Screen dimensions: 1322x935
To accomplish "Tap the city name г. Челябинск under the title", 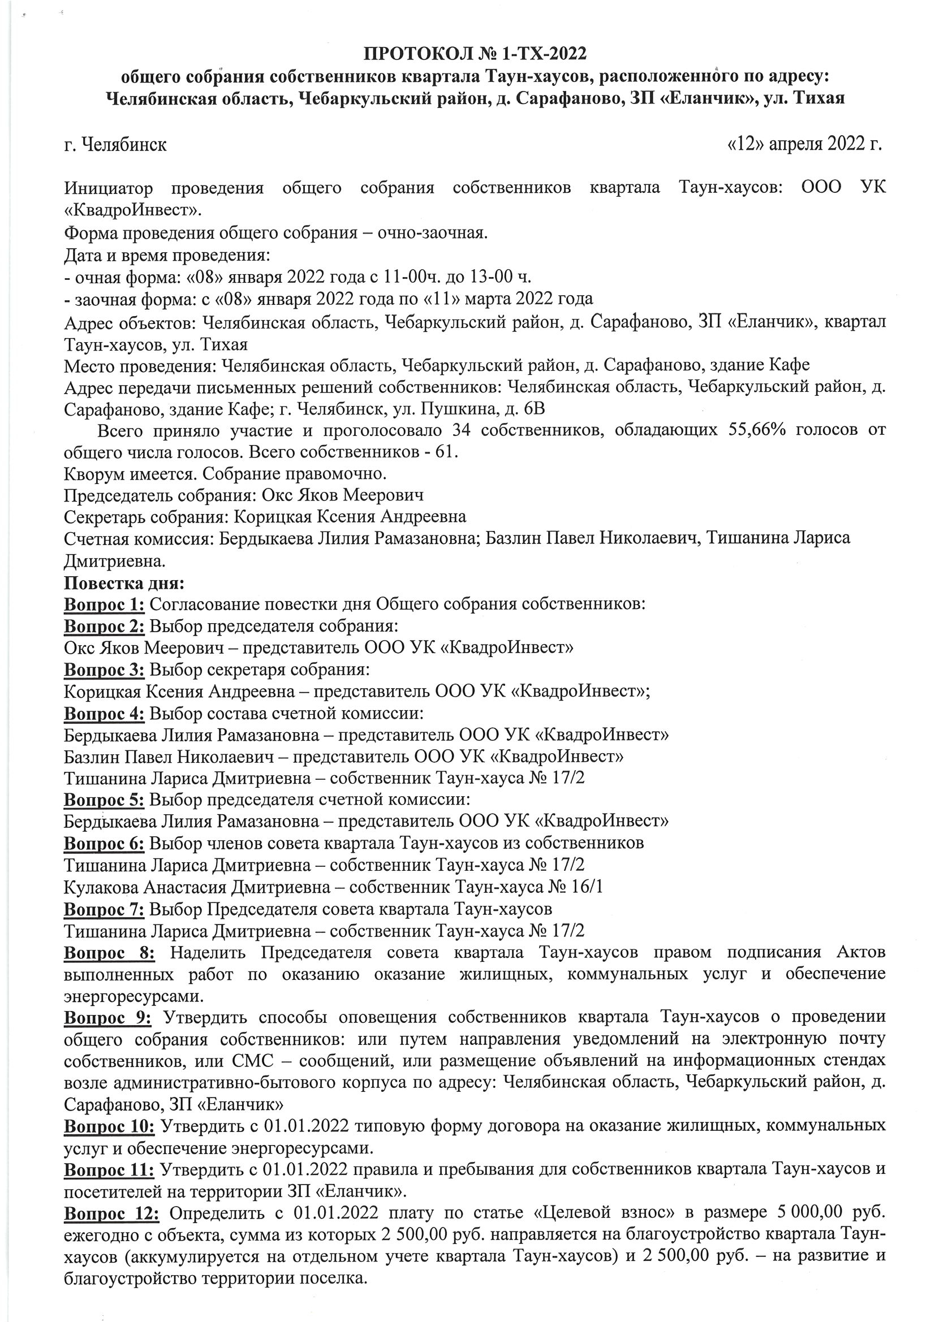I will point(115,145).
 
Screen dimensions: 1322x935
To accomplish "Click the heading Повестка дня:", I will point(124,583).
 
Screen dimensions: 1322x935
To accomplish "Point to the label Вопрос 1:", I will point(104,604).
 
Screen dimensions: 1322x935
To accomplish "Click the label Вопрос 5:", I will point(104,800).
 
